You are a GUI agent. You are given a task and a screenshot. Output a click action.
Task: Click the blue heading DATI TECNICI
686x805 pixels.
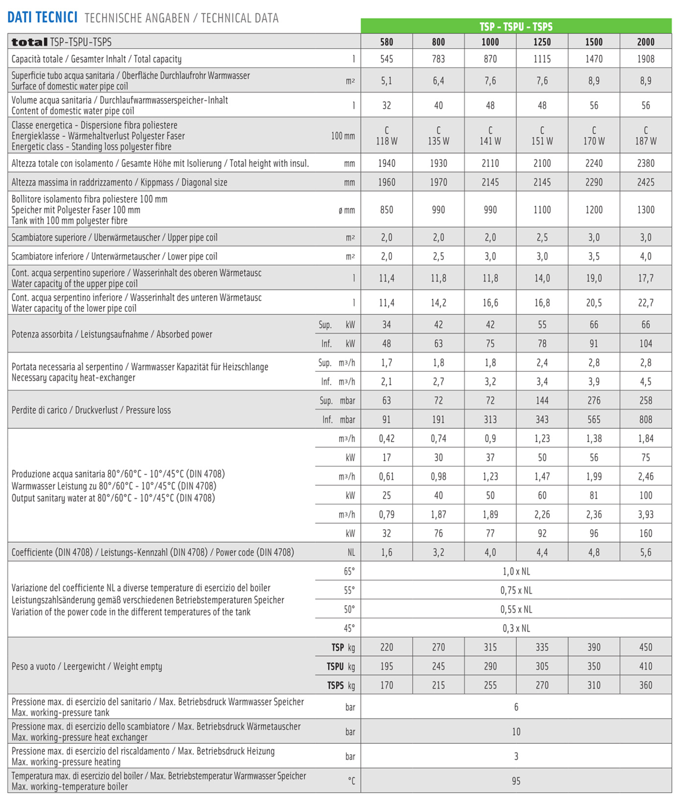(42, 18)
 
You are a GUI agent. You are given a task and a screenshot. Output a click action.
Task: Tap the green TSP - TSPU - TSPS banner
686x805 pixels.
(516, 26)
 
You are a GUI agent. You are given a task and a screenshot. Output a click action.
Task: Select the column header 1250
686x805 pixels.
(542, 42)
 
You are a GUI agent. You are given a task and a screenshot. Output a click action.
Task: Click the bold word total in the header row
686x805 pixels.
(29, 43)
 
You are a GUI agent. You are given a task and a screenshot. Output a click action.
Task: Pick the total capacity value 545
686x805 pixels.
(387, 59)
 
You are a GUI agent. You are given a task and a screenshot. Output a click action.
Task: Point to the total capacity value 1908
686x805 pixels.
(645, 59)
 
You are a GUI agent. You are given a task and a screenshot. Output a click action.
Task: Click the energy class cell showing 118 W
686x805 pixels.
(387, 136)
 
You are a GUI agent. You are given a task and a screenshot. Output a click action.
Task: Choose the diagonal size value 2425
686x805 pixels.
(645, 183)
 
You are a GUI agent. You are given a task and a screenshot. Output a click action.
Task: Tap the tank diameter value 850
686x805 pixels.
(387, 210)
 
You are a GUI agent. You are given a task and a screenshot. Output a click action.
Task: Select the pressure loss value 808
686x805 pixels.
(645, 420)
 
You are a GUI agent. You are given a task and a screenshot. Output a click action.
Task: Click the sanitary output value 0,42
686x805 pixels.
(387, 439)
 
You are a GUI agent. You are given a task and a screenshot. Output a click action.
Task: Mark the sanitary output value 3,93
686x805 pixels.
(645, 515)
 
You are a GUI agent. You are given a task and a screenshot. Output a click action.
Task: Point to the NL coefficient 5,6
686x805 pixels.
(645, 553)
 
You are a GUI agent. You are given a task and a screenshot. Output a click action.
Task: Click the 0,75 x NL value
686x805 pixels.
(516, 591)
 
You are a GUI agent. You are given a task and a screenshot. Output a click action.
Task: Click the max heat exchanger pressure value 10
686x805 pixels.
(516, 732)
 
